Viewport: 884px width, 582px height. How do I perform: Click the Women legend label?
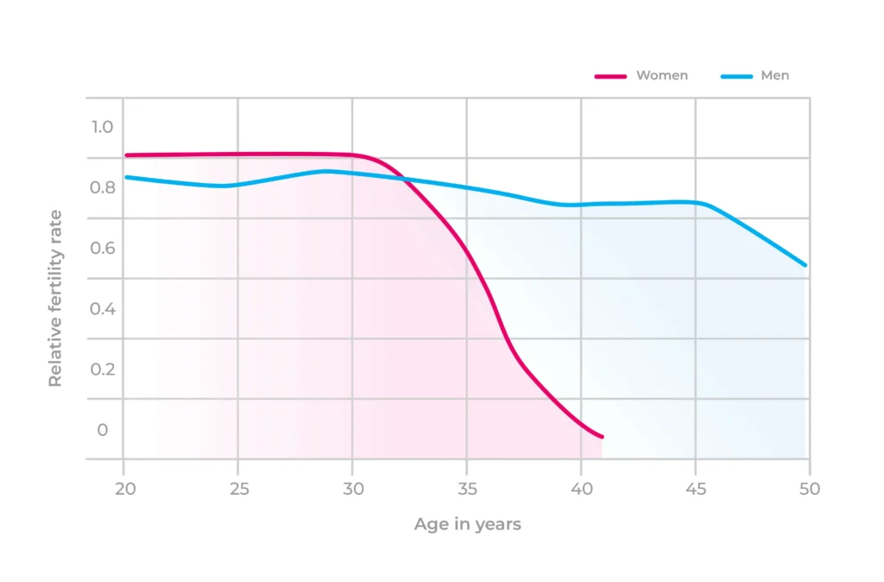(x=662, y=76)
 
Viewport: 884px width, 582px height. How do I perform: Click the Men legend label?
(x=774, y=76)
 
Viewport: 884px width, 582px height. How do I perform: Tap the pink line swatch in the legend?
(x=610, y=77)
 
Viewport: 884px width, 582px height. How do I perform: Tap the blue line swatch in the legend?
(x=736, y=77)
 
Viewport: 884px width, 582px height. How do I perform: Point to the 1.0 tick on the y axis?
(x=103, y=127)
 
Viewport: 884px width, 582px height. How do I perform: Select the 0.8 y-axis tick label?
(x=103, y=187)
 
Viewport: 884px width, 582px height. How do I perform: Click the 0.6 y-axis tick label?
(x=103, y=248)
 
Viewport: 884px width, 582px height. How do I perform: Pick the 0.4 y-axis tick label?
(x=103, y=308)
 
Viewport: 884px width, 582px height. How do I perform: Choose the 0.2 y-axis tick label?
(x=103, y=369)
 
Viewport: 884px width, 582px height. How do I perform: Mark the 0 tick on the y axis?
(x=103, y=429)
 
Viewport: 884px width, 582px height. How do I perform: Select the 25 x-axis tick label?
(x=238, y=489)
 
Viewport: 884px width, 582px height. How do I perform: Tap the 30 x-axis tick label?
(x=352, y=489)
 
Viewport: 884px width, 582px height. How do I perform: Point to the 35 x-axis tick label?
(x=467, y=489)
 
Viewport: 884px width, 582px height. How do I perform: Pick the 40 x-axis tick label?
(x=581, y=489)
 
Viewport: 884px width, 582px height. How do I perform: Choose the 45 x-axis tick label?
(x=696, y=489)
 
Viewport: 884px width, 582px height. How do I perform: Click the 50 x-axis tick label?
(x=810, y=489)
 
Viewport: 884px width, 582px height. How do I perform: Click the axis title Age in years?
(x=467, y=524)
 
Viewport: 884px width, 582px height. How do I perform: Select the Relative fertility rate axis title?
(x=55, y=298)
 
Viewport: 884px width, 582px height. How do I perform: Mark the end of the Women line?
(x=602, y=437)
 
